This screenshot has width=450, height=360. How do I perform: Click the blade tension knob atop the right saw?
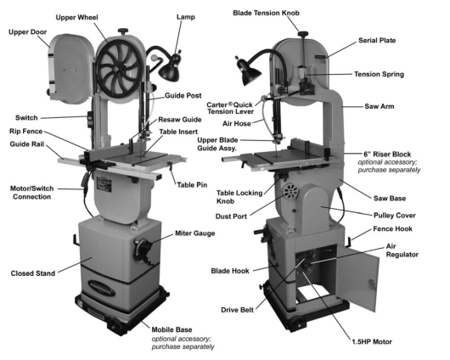[302, 31]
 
